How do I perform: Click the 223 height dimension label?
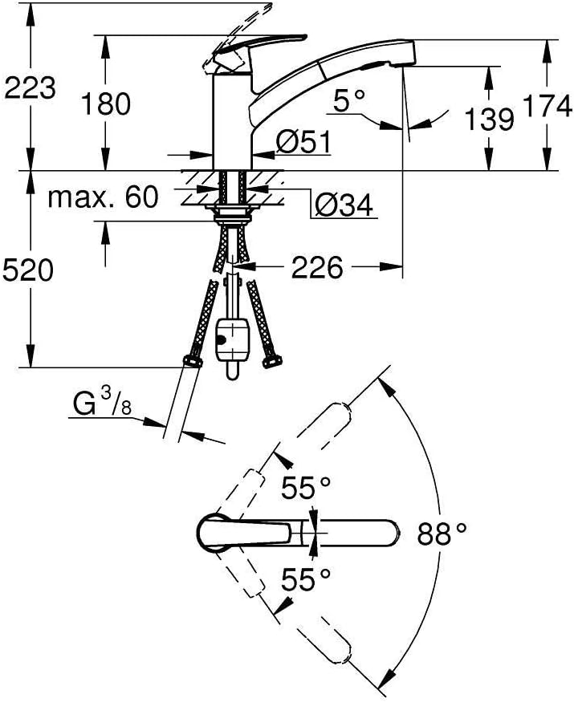point(30,87)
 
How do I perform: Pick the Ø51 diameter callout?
point(303,142)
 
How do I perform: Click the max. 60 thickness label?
point(103,197)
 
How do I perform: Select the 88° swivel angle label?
point(442,532)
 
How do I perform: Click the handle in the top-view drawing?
point(241,532)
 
